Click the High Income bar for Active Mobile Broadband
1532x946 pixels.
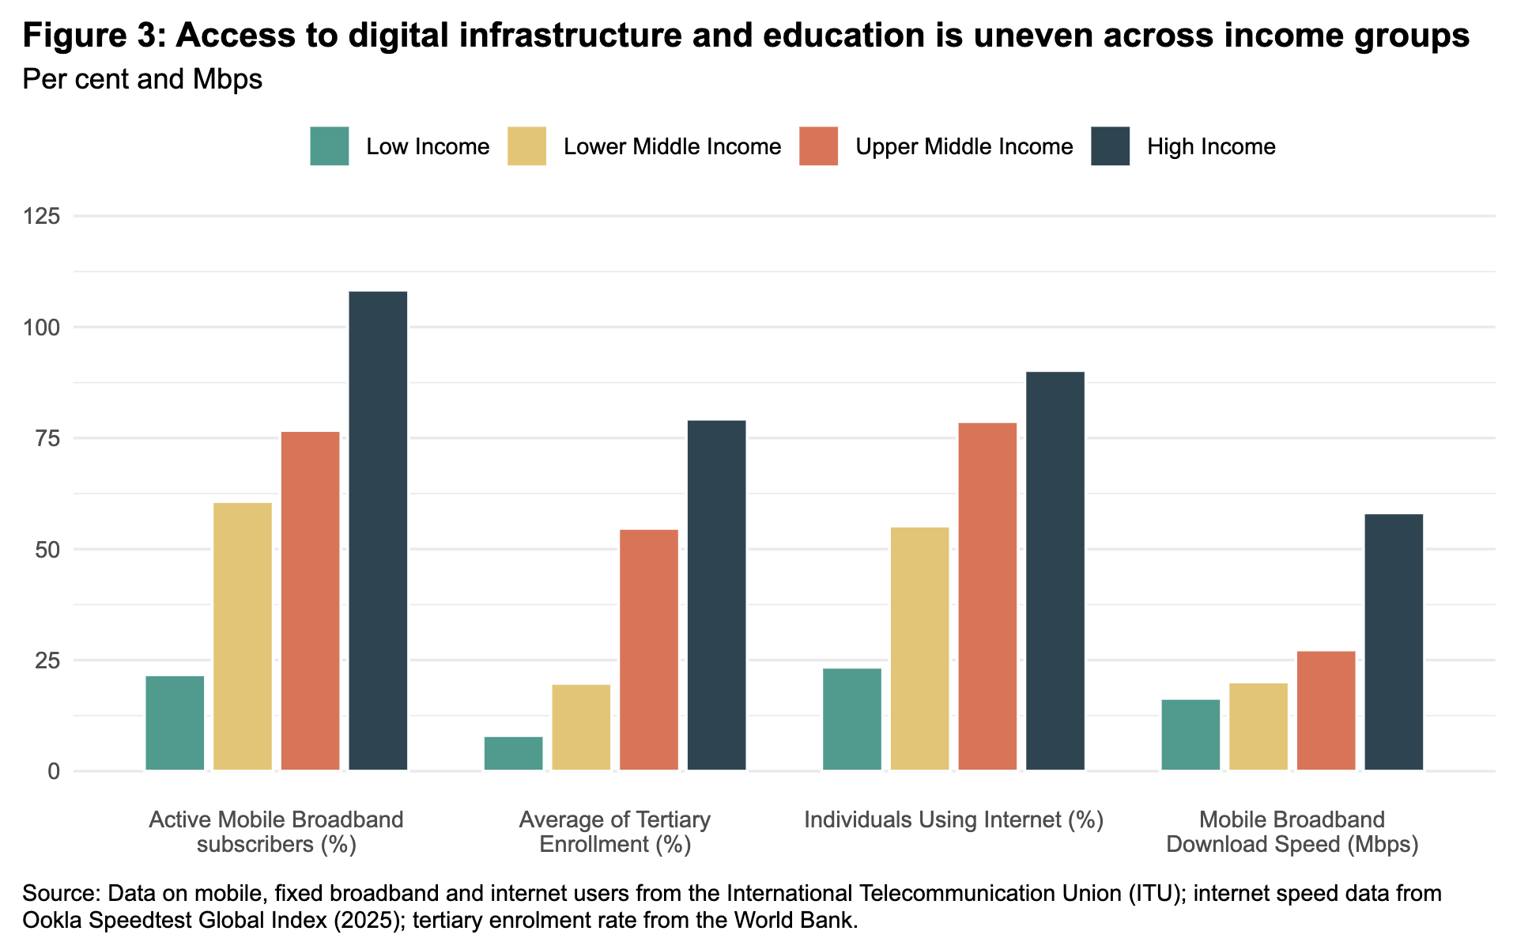(378, 530)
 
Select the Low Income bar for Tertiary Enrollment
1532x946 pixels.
(513, 753)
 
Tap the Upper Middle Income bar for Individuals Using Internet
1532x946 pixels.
(987, 596)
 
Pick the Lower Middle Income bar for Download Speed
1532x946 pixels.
(1258, 726)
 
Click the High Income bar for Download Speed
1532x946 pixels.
(1394, 641)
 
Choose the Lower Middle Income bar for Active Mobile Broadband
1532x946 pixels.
(243, 636)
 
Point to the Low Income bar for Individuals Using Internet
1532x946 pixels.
(851, 719)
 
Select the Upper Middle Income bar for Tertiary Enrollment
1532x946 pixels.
(648, 649)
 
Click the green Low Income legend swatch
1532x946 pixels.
(330, 146)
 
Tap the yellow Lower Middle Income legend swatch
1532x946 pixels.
(526, 146)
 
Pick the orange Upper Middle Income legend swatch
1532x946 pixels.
(818, 146)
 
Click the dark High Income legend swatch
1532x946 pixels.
(1110, 146)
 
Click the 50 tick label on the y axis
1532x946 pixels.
(49, 549)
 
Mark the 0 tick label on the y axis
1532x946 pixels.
(54, 771)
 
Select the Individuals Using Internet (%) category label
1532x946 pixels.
(953, 819)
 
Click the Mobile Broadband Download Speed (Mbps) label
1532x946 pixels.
(1292, 831)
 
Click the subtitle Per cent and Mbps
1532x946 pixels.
(142, 79)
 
